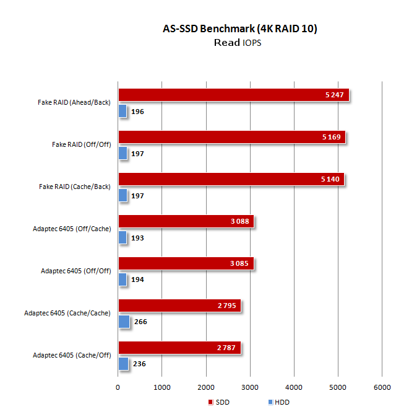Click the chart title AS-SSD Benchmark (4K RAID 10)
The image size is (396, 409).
pos(240,29)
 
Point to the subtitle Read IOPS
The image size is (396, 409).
pos(238,43)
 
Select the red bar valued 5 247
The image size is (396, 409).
pos(234,95)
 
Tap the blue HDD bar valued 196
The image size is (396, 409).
pos(123,111)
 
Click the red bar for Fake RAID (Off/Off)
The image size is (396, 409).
pos(232,137)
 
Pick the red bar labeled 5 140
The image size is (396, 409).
pos(231,179)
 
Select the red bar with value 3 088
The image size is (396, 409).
pos(186,221)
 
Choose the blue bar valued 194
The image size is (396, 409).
pos(123,279)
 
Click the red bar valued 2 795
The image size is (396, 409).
pos(180,306)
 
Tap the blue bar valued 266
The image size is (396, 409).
pos(124,322)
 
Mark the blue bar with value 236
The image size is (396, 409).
pos(124,364)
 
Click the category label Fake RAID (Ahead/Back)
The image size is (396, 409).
pos(74,102)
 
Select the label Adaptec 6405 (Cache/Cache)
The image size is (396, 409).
pos(67,313)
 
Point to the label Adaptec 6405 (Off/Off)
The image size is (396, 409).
pos(76,271)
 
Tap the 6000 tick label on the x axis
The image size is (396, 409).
pos(382,387)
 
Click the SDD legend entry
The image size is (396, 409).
pos(219,402)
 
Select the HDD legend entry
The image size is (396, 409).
pos(279,402)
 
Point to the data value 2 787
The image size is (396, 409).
pos(226,348)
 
